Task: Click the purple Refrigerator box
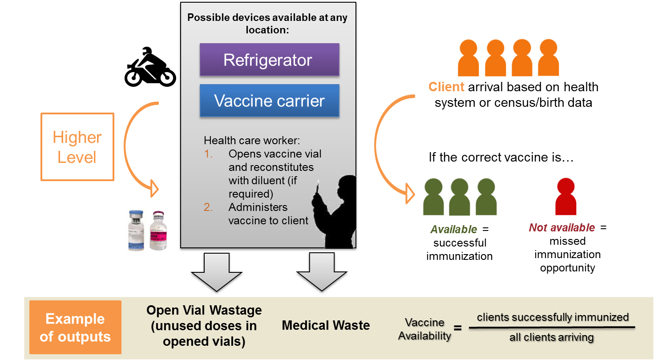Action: (x=269, y=60)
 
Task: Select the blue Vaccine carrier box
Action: (x=269, y=101)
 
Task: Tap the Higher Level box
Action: (x=77, y=147)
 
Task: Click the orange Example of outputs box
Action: (x=75, y=328)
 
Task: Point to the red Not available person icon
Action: (x=566, y=198)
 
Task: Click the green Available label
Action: (x=453, y=230)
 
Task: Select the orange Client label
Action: (x=446, y=87)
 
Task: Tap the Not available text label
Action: (x=562, y=228)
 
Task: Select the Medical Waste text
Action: (x=326, y=325)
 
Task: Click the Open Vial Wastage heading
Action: (x=204, y=310)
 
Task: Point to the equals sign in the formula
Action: (x=458, y=328)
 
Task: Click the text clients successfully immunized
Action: (x=553, y=317)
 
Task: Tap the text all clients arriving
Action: (x=552, y=337)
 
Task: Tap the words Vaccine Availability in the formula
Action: (x=424, y=329)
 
